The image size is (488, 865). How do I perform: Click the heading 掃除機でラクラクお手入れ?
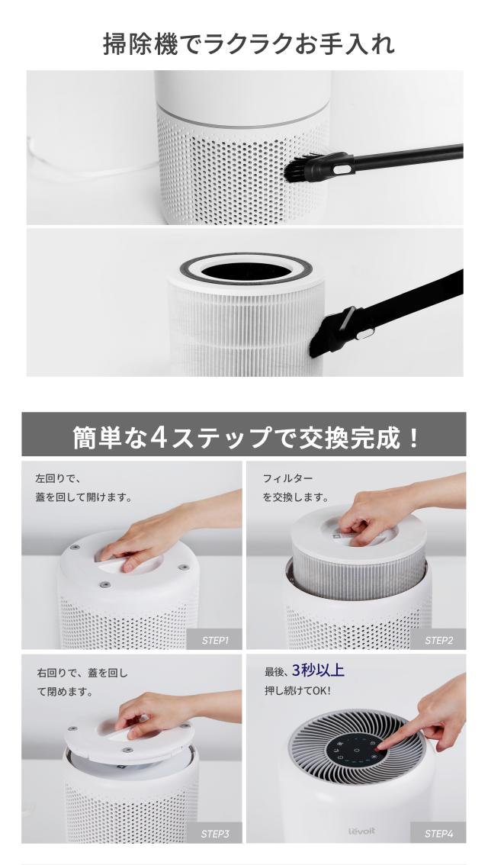coord(249,43)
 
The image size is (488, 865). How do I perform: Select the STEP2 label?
coord(438,640)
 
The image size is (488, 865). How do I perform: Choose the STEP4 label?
coord(438,834)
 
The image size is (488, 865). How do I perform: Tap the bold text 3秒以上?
coord(317,671)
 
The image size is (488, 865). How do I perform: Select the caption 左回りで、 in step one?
coord(57,478)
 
